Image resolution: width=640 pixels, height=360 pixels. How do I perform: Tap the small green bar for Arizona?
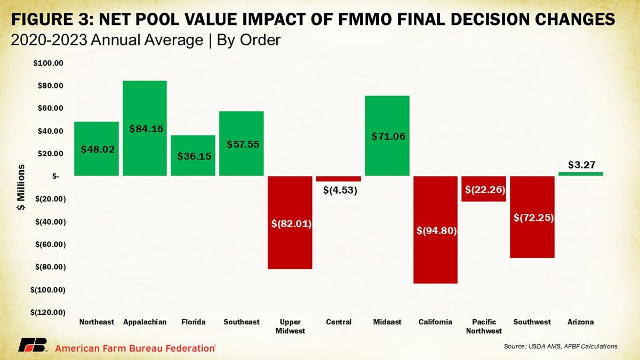581,174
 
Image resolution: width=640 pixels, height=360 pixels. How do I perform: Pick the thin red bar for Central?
339,179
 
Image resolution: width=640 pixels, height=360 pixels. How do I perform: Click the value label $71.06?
388,136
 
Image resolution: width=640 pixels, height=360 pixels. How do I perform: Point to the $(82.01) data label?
290,223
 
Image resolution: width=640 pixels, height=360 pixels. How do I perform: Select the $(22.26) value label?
484,189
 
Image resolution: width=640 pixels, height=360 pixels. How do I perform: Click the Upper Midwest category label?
290,326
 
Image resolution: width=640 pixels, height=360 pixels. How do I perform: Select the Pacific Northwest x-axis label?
484,326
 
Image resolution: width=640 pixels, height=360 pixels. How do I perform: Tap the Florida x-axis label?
193,322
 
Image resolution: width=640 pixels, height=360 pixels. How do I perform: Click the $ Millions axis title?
22,188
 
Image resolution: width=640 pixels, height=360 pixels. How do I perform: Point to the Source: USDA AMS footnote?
560,347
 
